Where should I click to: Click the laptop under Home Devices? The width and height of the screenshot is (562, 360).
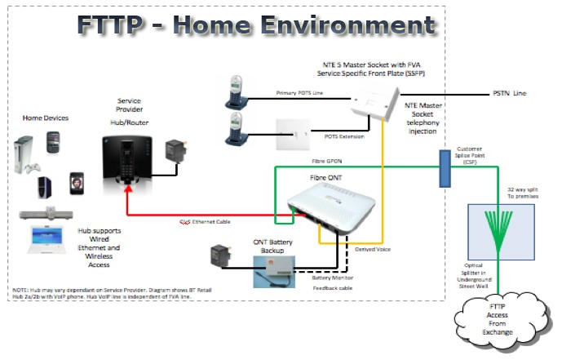44,238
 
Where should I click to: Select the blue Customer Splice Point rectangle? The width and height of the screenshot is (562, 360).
445,169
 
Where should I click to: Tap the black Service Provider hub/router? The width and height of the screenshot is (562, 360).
126,158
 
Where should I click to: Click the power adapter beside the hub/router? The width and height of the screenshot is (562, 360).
175,153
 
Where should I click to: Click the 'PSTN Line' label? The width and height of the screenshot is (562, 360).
509,94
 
